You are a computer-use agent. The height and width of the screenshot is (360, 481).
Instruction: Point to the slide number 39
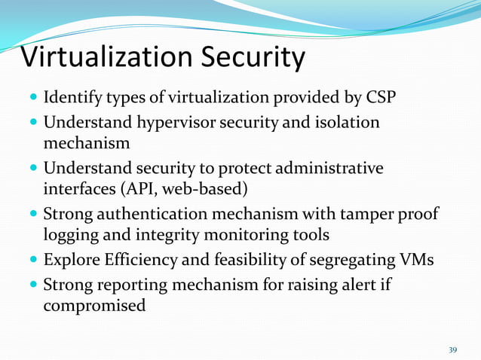(x=452, y=350)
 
